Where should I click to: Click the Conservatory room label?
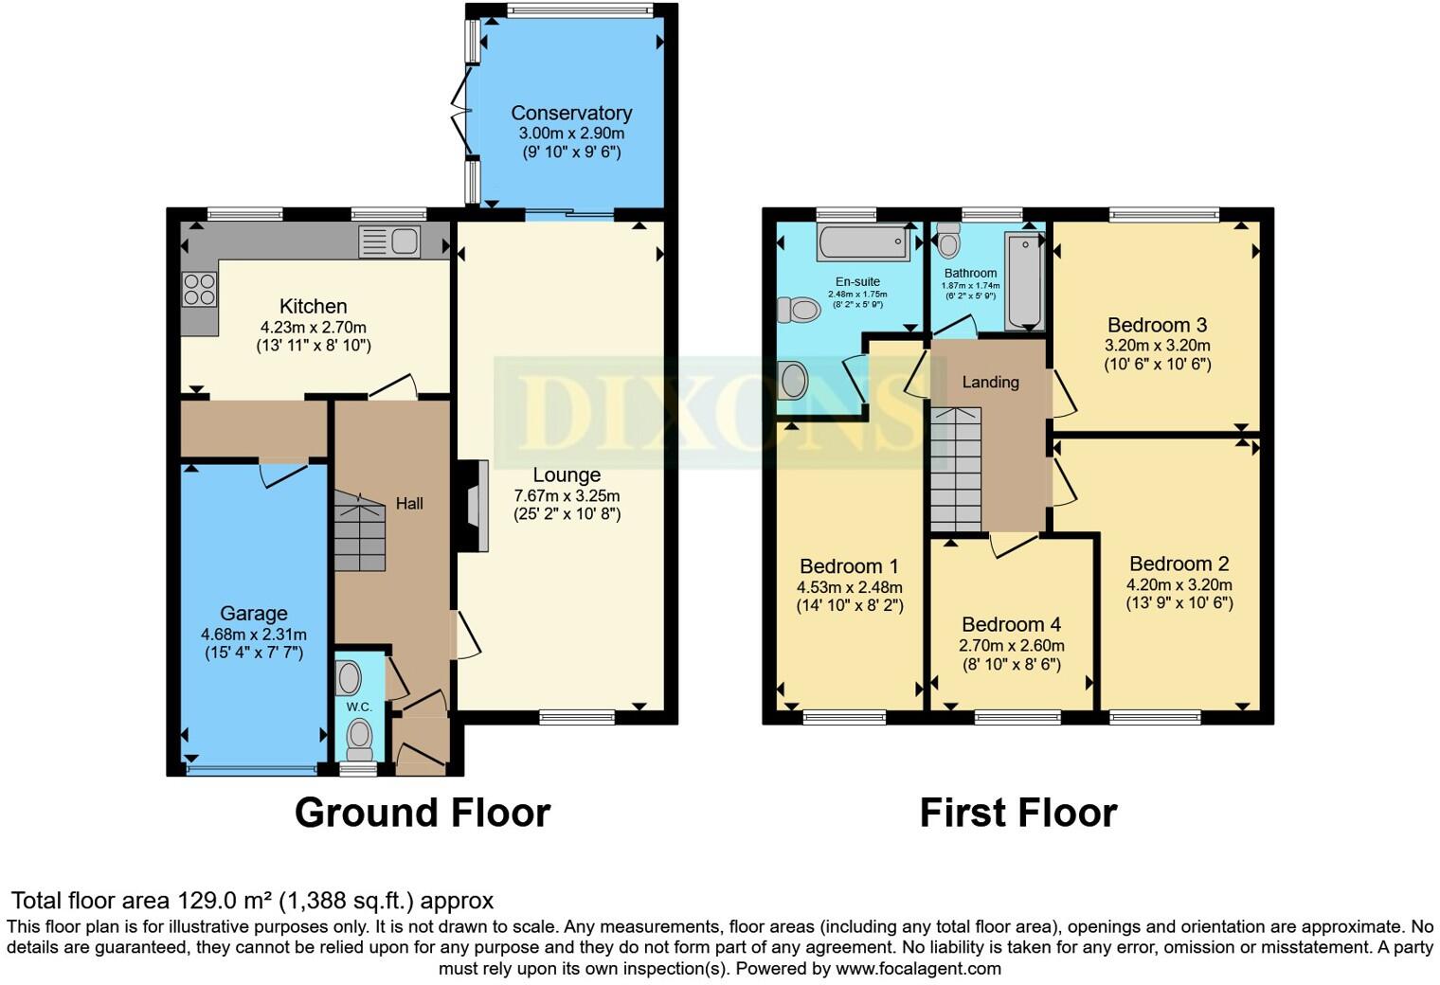[571, 113]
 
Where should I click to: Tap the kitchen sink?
[389, 242]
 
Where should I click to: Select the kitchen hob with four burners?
[199, 289]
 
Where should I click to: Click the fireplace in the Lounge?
[473, 506]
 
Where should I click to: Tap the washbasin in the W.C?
[349, 678]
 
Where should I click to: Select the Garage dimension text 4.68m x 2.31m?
[253, 635]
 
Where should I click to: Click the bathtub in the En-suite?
[863, 243]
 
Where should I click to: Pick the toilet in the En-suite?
[798, 309]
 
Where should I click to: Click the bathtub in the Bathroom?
[1023, 281]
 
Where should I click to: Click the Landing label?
[990, 382]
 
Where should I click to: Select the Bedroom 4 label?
[1011, 624]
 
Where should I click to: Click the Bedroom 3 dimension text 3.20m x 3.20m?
[1157, 346]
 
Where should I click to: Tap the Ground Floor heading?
[422, 813]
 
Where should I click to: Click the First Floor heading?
[1017, 813]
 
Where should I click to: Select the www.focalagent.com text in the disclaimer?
[918, 969]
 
